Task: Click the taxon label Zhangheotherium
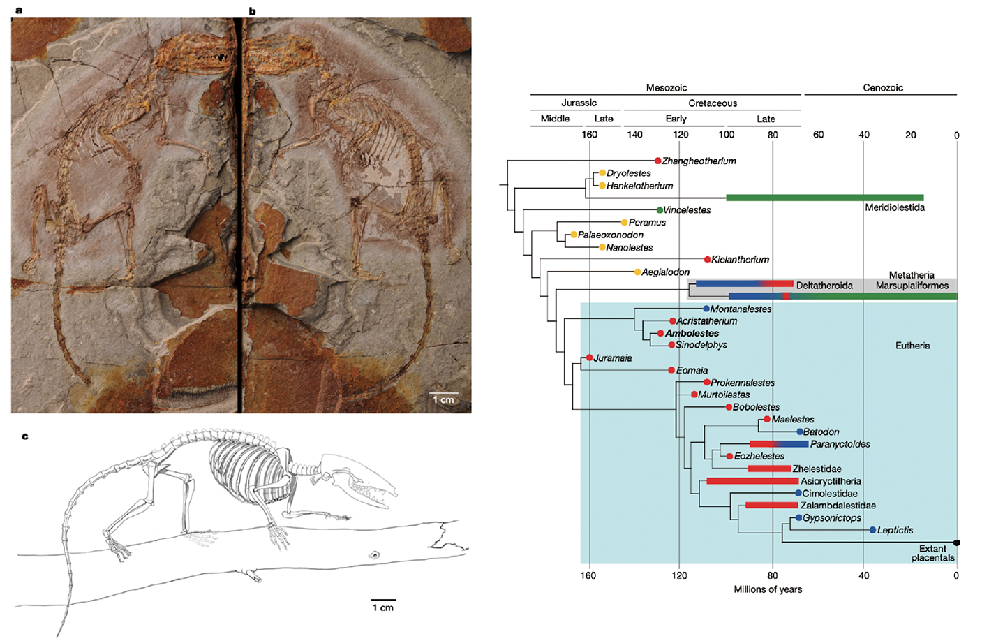click(699, 161)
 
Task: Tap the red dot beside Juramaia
click(590, 358)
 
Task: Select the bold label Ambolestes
click(692, 333)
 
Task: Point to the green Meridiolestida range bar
click(824, 198)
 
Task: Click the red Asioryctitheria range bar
click(752, 481)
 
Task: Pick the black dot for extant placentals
click(956, 543)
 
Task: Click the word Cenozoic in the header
click(882, 88)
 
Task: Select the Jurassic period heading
click(579, 103)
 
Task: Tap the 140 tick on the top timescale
click(634, 135)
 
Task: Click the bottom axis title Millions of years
click(768, 589)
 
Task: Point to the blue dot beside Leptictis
click(872, 530)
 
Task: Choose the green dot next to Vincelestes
click(660, 209)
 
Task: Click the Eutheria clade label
click(912, 346)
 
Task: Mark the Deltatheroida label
click(824, 286)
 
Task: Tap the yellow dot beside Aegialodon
click(637, 272)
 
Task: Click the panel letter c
click(25, 436)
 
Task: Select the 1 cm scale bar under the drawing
click(383, 600)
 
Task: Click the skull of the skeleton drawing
click(356, 478)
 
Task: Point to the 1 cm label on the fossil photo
click(443, 399)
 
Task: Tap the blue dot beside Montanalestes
click(706, 309)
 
